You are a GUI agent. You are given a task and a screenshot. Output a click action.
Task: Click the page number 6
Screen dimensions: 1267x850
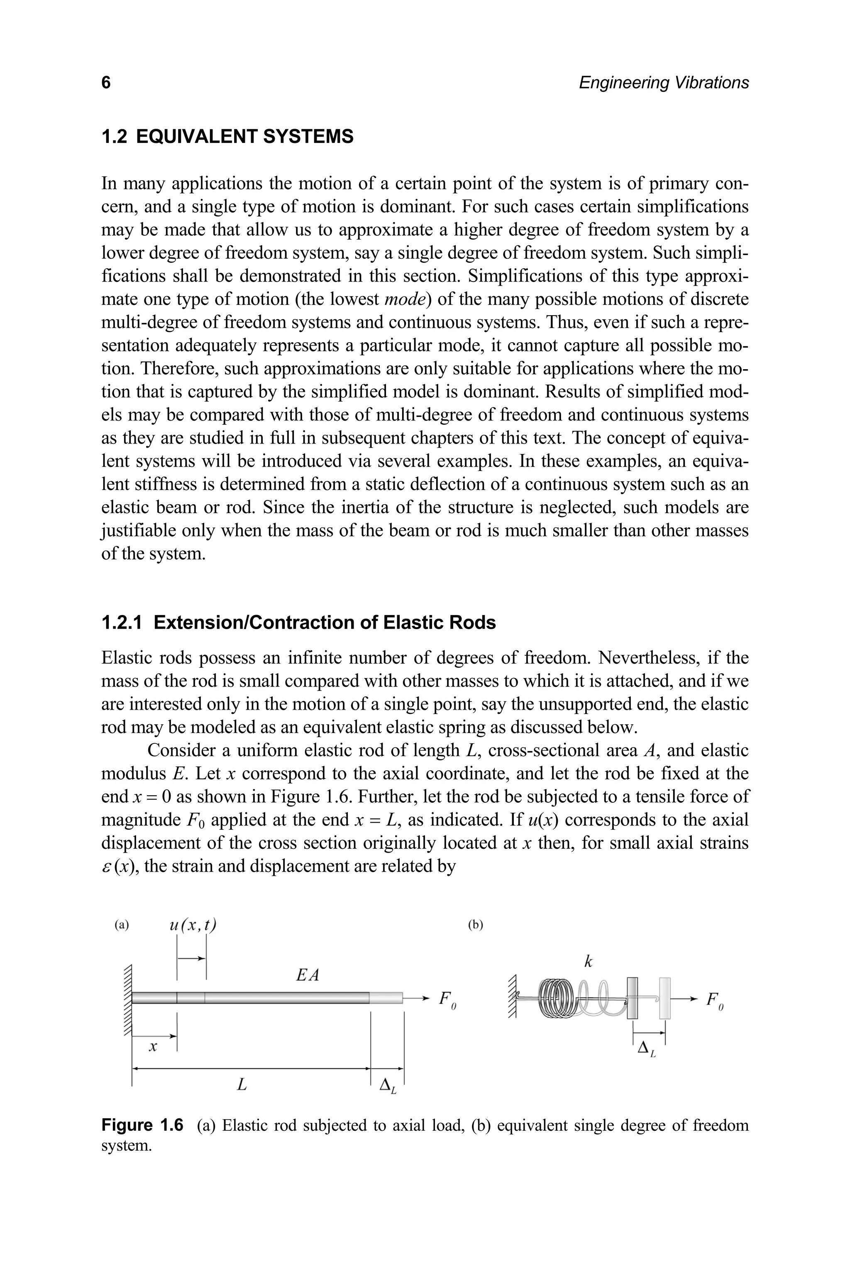tap(106, 83)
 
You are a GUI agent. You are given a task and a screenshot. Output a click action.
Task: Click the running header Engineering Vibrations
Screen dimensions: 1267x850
tap(664, 83)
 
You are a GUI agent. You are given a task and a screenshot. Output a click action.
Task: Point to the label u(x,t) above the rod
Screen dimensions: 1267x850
tap(193, 925)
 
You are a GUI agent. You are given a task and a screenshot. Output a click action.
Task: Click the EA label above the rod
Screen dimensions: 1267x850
tap(308, 975)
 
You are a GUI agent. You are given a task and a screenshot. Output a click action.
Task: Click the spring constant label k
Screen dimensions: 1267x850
tap(588, 962)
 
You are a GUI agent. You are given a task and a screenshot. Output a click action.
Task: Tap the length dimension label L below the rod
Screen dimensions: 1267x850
tap(242, 1085)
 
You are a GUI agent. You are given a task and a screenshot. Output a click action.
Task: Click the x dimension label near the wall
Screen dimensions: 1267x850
tap(153, 1047)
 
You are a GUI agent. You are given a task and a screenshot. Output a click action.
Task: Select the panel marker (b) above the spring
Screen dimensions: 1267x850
tap(475, 925)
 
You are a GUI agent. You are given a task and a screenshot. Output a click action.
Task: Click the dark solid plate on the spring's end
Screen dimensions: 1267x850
tap(632, 998)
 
